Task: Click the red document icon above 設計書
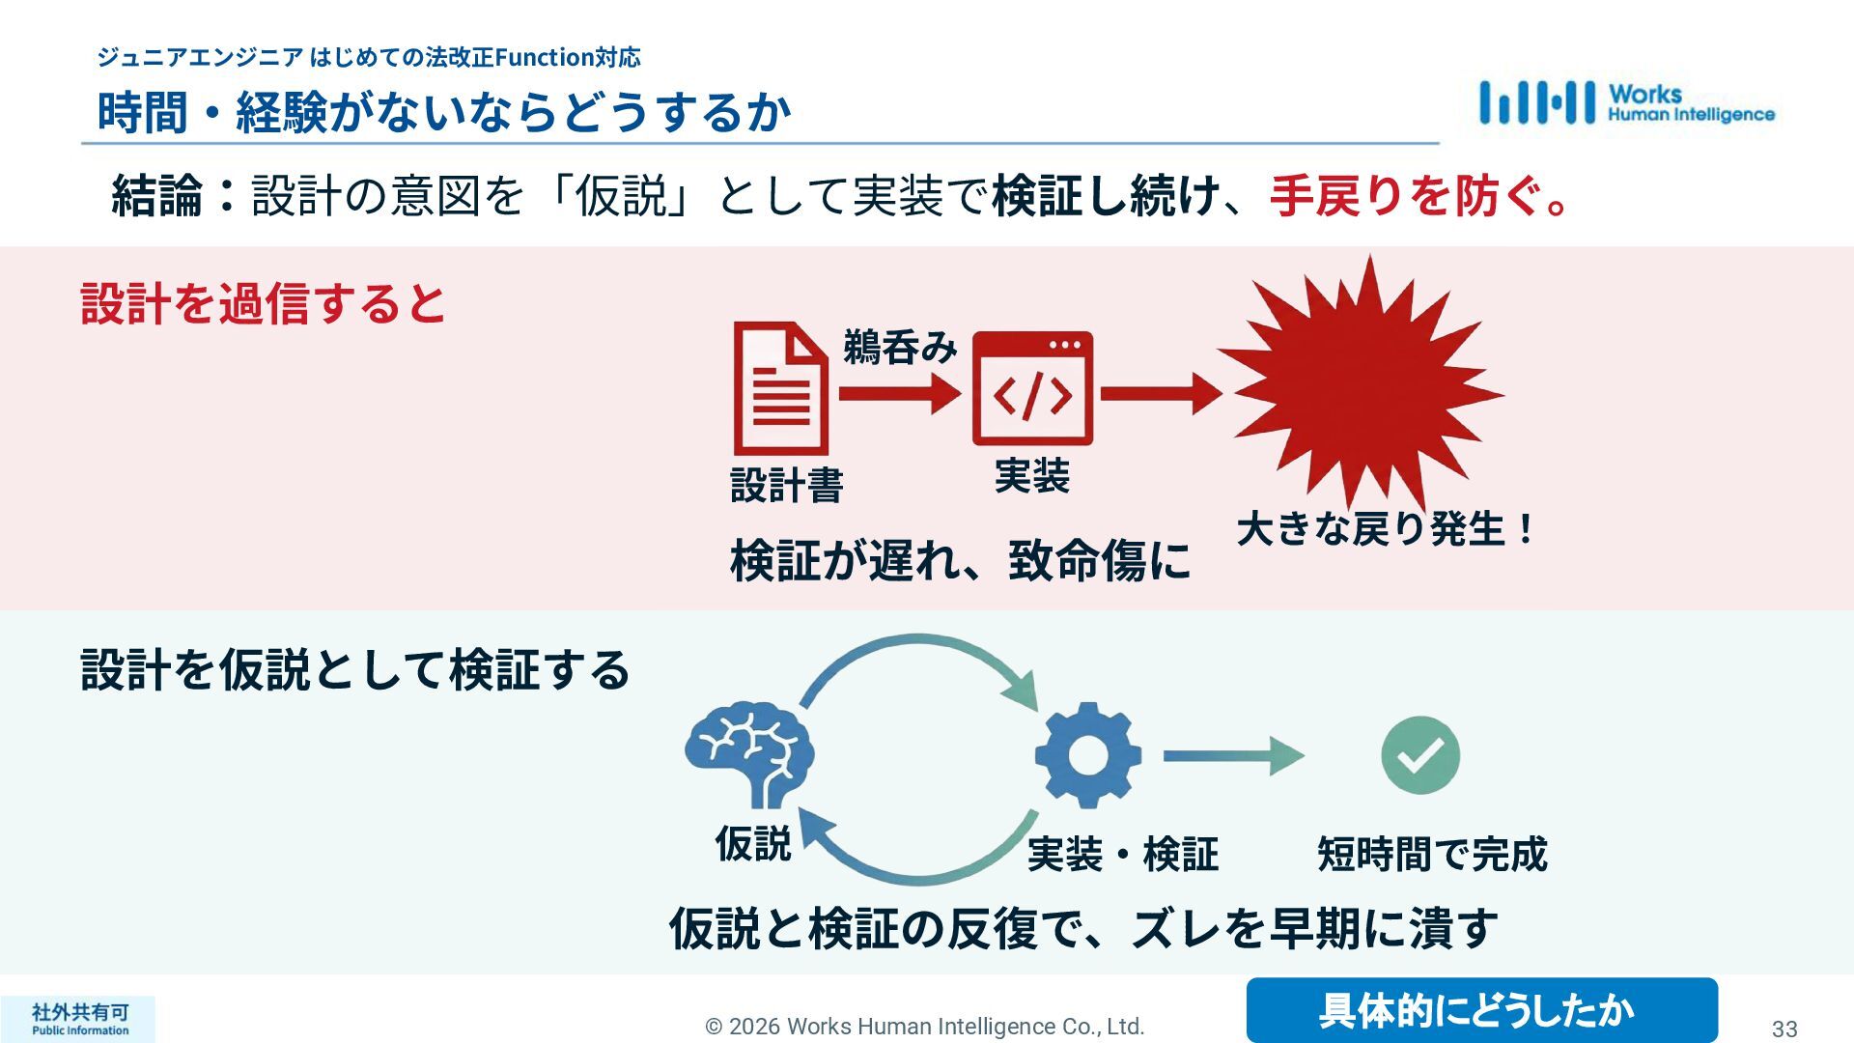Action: (780, 388)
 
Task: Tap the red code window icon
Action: (1032, 388)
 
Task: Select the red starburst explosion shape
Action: (1362, 386)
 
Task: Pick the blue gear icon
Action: (1087, 754)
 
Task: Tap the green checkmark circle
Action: (1419, 755)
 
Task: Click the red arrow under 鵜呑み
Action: (899, 393)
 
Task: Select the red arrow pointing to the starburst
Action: (1160, 393)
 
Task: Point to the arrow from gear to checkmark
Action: (1232, 755)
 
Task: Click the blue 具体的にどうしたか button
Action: (1481, 1010)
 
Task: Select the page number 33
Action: (1784, 1029)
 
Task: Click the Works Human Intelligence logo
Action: (1626, 102)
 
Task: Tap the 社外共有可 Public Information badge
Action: (79, 1019)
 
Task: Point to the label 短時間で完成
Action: (1431, 854)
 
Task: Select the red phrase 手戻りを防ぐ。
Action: (1419, 196)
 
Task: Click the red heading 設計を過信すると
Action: (263, 303)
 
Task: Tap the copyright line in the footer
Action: (924, 1026)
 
